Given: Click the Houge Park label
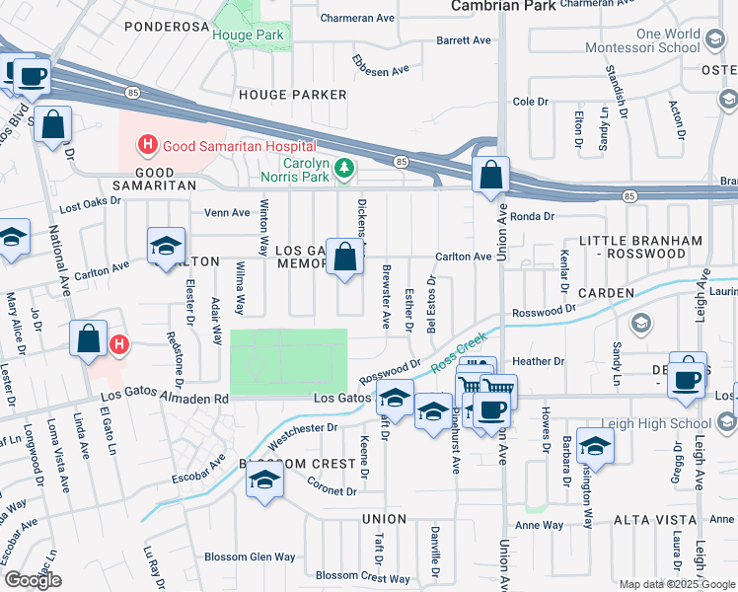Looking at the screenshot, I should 248,36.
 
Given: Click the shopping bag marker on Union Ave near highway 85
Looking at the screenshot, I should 490,177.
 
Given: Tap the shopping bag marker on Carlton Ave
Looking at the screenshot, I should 345,258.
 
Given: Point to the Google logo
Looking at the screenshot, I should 33,580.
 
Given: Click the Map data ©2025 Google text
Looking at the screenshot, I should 677,584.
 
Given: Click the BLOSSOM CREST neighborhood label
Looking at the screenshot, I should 297,464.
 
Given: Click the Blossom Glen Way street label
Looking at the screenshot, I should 250,556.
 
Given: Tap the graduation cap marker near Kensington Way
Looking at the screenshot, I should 595,445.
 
